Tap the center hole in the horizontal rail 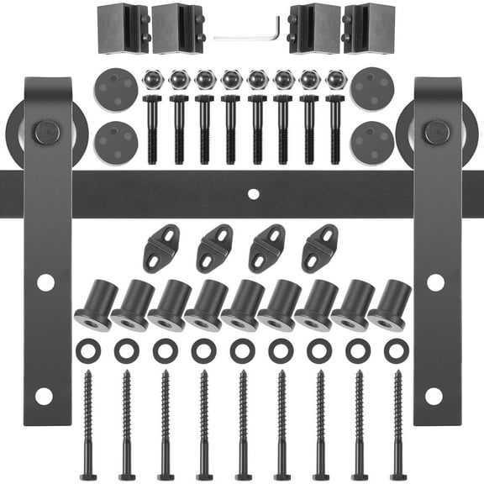(x=253, y=194)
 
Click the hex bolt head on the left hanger (x=45, y=132)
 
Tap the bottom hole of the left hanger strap (x=45, y=395)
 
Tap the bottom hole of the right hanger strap (x=434, y=395)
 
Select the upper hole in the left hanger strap (x=45, y=282)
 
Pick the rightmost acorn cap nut (x=334, y=80)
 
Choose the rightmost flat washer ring (x=396, y=350)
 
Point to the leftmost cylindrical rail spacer (x=96, y=304)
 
